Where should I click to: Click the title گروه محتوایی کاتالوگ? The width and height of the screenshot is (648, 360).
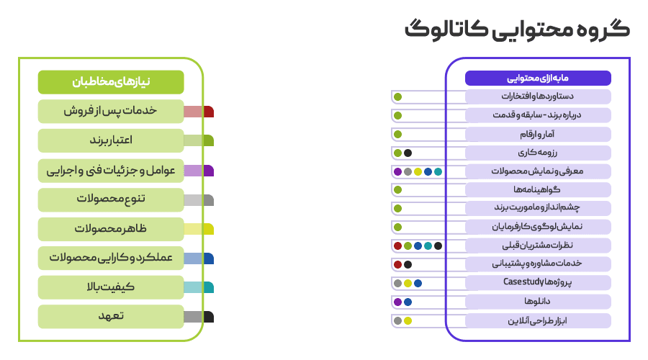coord(516,30)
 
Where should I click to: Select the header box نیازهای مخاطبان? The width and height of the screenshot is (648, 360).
coord(111,82)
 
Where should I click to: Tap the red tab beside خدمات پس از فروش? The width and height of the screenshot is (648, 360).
coord(199,112)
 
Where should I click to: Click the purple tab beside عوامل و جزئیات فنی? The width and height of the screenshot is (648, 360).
coord(199,171)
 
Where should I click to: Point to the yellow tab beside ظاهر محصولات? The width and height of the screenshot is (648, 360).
coord(199,229)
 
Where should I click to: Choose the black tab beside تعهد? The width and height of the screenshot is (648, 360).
coord(199,317)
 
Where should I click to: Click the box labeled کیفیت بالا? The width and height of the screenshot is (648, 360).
coord(111,287)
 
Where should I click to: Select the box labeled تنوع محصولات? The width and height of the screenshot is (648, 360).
coord(111,199)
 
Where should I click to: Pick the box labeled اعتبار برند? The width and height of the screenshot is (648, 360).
coord(111,140)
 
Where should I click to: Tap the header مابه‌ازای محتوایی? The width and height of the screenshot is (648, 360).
coord(538,78)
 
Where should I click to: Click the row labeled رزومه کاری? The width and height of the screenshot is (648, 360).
coord(538,153)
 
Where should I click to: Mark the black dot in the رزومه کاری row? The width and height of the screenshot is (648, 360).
coord(408,153)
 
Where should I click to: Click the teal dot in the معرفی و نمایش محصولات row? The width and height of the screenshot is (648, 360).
coord(438,171)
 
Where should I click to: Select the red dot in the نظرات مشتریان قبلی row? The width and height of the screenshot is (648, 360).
coord(397,246)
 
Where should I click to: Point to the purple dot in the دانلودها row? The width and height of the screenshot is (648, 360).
coord(397,302)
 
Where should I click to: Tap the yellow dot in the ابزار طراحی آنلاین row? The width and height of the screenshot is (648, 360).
coord(408,321)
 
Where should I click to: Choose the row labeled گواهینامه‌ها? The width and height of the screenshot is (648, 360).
coord(538,190)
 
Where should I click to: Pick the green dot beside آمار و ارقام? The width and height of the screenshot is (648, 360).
coord(397,134)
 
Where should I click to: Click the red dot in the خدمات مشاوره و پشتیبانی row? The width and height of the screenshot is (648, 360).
coord(397,265)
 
